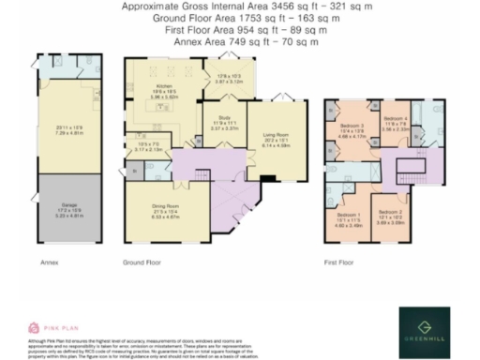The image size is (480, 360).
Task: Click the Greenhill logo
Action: click(425, 331)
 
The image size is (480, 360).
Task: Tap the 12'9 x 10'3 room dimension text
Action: click(229, 77)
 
